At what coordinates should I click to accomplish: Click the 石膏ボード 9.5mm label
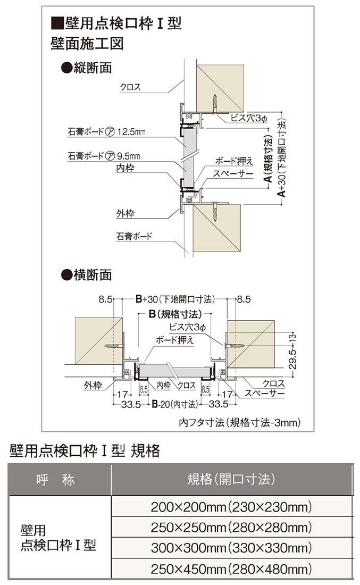click(104, 156)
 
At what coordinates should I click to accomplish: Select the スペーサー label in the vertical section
click(229, 173)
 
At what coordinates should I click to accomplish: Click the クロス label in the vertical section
click(130, 87)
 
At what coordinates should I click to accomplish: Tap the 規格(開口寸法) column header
click(231, 479)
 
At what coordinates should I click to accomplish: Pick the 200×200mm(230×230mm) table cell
click(231, 507)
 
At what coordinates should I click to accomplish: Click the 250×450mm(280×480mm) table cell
click(231, 568)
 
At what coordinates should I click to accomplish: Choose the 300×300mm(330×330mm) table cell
click(231, 547)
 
